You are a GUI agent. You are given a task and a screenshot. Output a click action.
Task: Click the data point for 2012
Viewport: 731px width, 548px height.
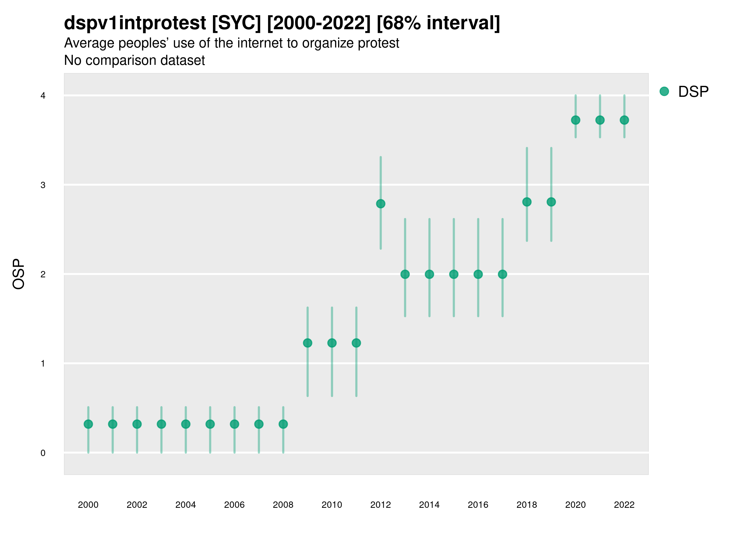pos(381,204)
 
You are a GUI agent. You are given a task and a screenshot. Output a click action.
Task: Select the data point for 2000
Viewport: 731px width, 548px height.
pos(88,424)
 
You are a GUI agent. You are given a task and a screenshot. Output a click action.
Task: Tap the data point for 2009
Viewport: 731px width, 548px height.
pos(308,343)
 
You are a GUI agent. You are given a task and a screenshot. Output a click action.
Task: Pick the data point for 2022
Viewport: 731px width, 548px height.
pos(624,120)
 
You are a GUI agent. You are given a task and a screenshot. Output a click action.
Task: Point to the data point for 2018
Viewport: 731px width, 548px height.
pos(527,202)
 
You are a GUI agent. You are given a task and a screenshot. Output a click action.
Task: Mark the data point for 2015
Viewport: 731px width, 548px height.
pos(454,274)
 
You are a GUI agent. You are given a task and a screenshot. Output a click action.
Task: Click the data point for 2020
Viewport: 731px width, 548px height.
pos(576,120)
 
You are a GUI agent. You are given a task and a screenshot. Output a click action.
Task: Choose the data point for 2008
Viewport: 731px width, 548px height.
pos(283,424)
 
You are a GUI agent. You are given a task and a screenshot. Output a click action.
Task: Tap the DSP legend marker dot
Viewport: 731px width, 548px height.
pos(664,92)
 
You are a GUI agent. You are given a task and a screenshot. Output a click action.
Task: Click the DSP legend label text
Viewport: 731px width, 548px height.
pos(693,92)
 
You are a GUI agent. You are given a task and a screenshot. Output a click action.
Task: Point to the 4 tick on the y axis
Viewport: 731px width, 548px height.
pos(43,96)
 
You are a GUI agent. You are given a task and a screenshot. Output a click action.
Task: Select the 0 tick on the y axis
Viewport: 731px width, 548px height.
pos(43,453)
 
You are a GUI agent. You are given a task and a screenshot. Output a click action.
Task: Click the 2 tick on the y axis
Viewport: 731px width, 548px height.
pos(43,274)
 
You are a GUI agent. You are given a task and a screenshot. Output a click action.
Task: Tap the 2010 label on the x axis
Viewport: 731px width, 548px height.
pos(332,505)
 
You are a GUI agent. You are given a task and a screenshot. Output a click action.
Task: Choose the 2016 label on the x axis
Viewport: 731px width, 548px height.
pos(478,505)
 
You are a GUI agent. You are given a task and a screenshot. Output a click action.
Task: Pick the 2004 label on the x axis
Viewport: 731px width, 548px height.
pos(186,505)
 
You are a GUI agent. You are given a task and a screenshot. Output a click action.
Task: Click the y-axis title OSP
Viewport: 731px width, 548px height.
pos(19,274)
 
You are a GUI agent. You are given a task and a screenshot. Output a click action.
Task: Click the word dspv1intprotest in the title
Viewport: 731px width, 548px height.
pos(135,23)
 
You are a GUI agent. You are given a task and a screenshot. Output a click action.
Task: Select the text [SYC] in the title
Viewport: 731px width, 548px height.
pos(236,23)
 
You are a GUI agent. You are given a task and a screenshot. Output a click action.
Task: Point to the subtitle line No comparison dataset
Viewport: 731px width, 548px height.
pos(135,61)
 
